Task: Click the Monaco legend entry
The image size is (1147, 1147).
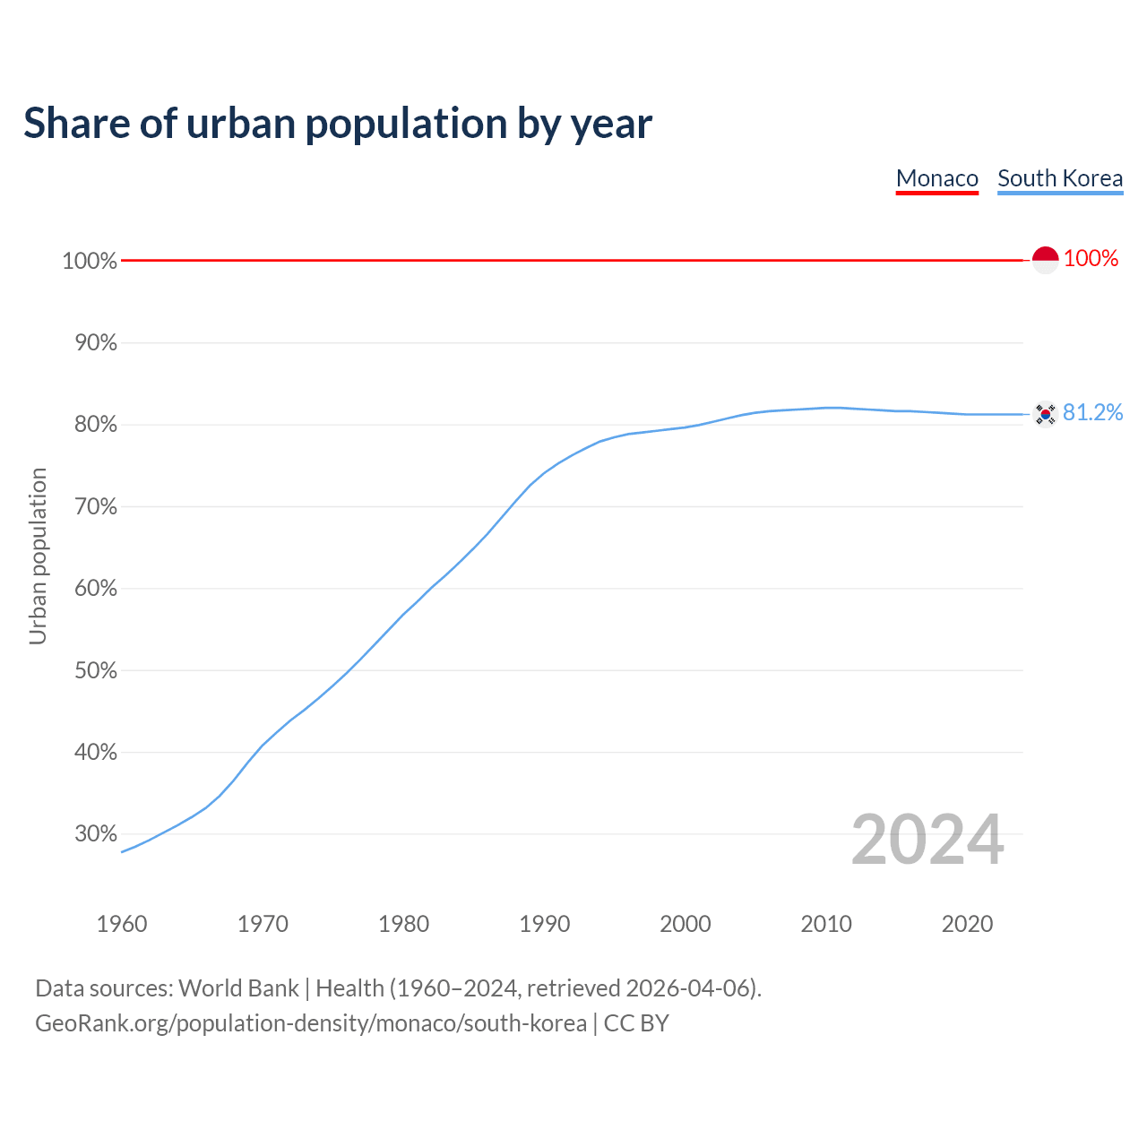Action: [936, 178]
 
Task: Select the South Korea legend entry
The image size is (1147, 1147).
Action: [1060, 178]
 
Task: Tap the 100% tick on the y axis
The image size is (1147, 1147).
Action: [90, 261]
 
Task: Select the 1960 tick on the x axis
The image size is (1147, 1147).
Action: [122, 924]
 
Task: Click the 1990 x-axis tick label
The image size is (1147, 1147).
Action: [544, 924]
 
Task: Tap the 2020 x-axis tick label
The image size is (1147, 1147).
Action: [967, 924]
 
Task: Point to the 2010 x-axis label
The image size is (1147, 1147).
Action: [826, 924]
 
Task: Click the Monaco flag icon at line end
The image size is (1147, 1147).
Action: [1045, 260]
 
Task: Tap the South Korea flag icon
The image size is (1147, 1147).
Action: [1045, 414]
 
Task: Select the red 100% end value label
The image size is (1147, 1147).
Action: [1091, 259]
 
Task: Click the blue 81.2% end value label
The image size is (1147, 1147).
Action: [1092, 412]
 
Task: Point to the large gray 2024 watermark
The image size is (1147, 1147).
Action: [927, 840]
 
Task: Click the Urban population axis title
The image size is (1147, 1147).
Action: [38, 556]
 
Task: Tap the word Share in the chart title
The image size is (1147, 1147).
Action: [75, 124]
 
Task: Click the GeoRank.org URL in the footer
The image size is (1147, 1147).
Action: [311, 1023]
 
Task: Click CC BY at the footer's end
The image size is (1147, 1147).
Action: [636, 1023]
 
